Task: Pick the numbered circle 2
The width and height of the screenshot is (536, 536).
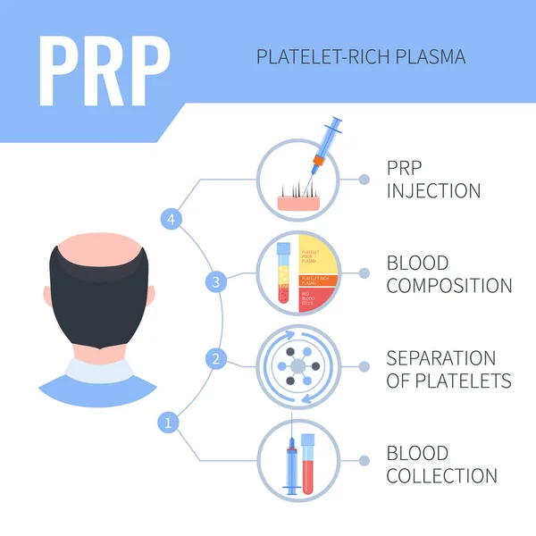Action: click(x=215, y=358)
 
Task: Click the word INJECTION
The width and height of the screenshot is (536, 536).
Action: click(x=433, y=190)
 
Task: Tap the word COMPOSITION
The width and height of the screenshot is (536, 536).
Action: click(x=449, y=286)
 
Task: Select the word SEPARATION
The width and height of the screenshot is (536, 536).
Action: click(x=440, y=357)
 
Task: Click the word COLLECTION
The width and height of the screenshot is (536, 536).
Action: click(x=441, y=475)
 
